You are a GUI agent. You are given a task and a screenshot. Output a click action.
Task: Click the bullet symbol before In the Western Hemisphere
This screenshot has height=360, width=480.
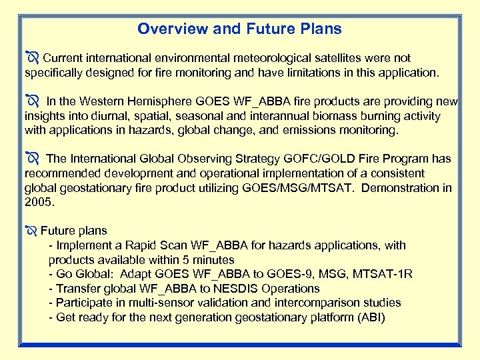(x=32, y=102)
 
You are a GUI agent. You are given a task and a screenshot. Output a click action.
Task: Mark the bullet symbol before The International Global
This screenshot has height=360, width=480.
(x=32, y=159)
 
